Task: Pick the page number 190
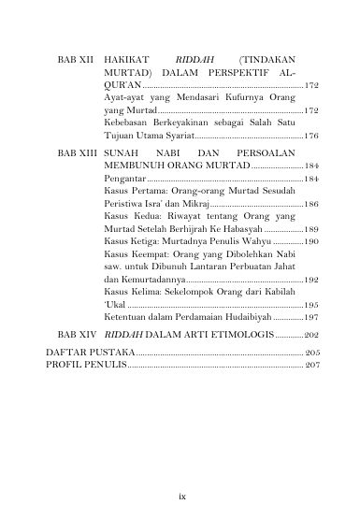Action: pyautogui.click(x=312, y=242)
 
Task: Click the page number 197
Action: pyautogui.click(x=312, y=319)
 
